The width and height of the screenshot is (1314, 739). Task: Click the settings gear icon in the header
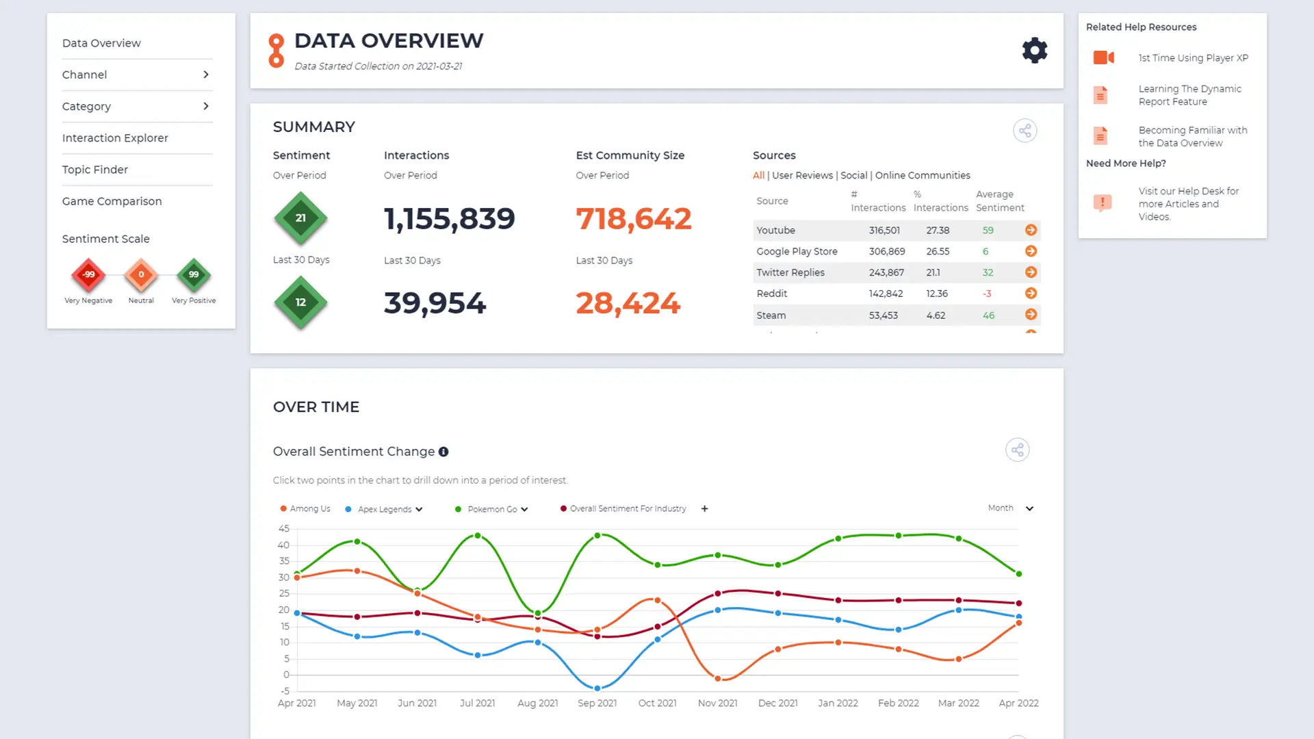coord(1034,51)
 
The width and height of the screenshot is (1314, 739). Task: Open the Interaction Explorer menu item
coord(115,138)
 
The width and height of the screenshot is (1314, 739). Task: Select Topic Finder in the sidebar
coord(95,170)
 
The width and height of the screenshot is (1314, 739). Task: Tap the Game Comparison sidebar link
coord(112,201)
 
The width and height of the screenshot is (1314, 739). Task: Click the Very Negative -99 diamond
coord(88,274)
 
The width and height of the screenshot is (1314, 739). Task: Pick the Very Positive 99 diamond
coord(194,274)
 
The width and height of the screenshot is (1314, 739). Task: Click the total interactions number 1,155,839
coord(450,219)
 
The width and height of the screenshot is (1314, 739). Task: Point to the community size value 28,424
coord(628,303)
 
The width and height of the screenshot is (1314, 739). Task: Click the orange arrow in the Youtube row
coord(1031,230)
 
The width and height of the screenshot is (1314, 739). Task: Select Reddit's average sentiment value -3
coord(987,294)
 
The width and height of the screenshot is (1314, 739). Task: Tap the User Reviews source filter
coord(803,175)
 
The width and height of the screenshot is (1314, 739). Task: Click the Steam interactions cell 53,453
coord(884,315)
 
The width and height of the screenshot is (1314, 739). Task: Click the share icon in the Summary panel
coord(1025,131)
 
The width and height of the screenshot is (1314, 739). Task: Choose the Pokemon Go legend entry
coord(492,509)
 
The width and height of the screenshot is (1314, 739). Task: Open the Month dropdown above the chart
coord(1011,508)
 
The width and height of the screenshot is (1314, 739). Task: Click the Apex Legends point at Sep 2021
coord(597,688)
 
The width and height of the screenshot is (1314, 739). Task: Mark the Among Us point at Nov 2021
coord(718,679)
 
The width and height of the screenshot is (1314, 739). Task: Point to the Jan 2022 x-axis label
coord(838,703)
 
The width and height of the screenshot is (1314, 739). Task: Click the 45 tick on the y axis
coord(283,529)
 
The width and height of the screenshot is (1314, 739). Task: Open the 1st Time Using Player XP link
coord(1194,58)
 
